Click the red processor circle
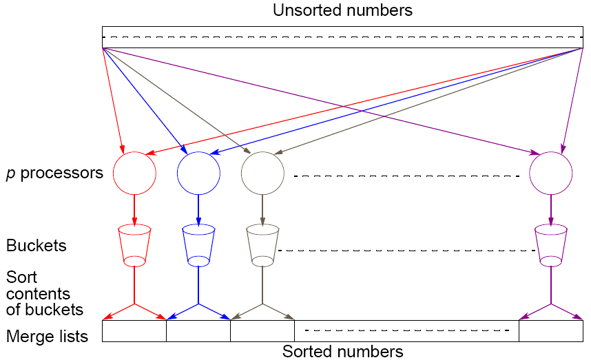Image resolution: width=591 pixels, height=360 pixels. click(x=134, y=173)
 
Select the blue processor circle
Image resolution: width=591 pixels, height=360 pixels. click(x=198, y=173)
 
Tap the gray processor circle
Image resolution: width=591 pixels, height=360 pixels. click(x=262, y=173)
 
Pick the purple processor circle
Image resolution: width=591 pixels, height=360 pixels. click(x=550, y=173)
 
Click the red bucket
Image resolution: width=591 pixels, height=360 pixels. click(x=134, y=245)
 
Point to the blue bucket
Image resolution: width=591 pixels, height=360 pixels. click(x=198, y=245)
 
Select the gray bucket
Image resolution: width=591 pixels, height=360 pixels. click(x=262, y=245)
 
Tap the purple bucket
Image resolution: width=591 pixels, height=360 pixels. click(x=550, y=245)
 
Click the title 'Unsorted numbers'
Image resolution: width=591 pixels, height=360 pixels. click(x=342, y=10)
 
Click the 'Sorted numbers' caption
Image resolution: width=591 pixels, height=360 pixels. click(x=342, y=352)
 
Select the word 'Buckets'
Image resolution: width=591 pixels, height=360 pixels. click(x=36, y=246)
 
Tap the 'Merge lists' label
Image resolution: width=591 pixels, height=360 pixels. click(x=47, y=337)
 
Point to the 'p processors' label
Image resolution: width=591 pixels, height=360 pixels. click(x=54, y=173)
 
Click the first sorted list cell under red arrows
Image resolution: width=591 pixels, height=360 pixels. click(x=134, y=331)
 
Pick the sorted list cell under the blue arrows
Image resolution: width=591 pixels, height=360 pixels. click(x=198, y=331)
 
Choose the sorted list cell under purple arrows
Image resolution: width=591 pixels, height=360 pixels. click(x=550, y=331)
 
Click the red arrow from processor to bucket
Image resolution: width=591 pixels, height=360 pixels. click(x=134, y=209)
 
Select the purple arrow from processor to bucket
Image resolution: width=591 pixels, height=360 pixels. click(x=550, y=209)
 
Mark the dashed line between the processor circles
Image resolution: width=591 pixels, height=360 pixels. click(x=406, y=176)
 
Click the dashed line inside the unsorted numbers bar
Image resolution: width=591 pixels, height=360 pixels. click(x=342, y=36)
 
